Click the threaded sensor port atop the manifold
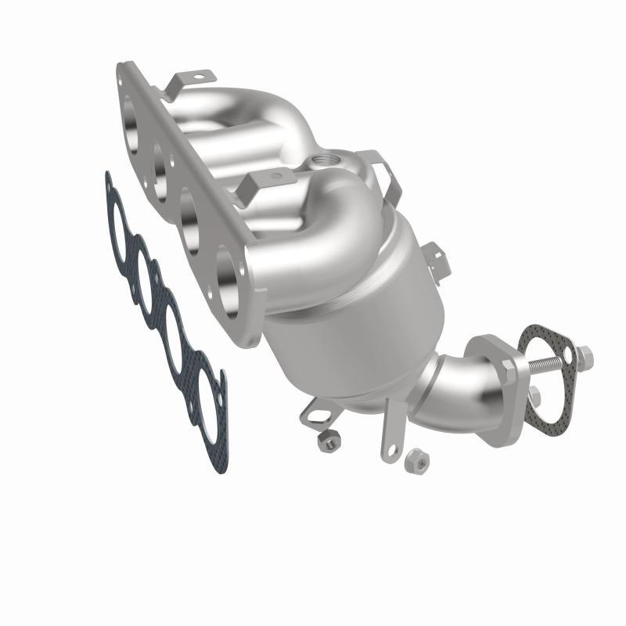[x=322, y=162]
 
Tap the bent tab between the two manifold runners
[x=252, y=188]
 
